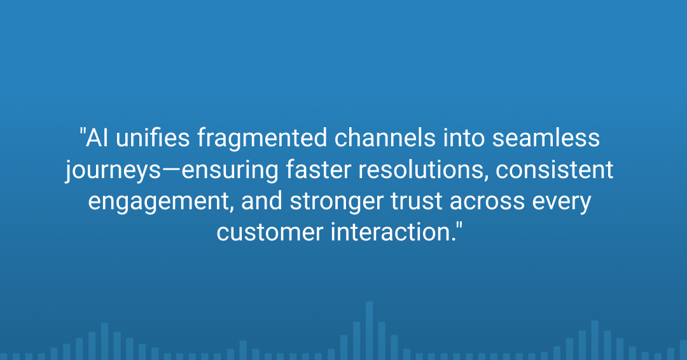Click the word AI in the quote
pyautogui.click(x=97, y=137)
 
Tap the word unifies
pyautogui.click(x=153, y=137)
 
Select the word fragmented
pyautogui.click(x=262, y=139)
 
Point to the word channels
pyautogui.click(x=385, y=137)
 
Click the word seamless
pyautogui.click(x=546, y=138)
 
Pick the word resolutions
pyautogui.click(x=423, y=169)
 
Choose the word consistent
pyautogui.click(x=554, y=169)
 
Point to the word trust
pyautogui.click(x=417, y=201)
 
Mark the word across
pyautogui.click(x=487, y=202)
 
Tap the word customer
pyautogui.click(x=270, y=233)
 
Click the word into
pyautogui.click(x=464, y=137)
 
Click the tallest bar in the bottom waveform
pyautogui.click(x=370, y=331)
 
